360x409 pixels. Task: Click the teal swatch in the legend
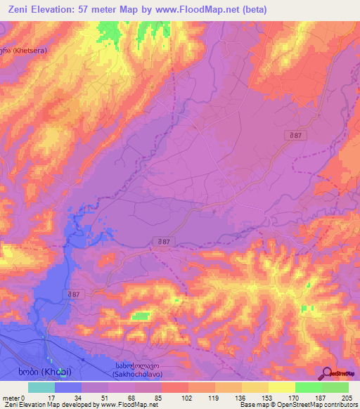41,387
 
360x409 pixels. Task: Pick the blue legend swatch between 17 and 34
68,387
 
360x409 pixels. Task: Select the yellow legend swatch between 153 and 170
282,387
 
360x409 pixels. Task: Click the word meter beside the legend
10,397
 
